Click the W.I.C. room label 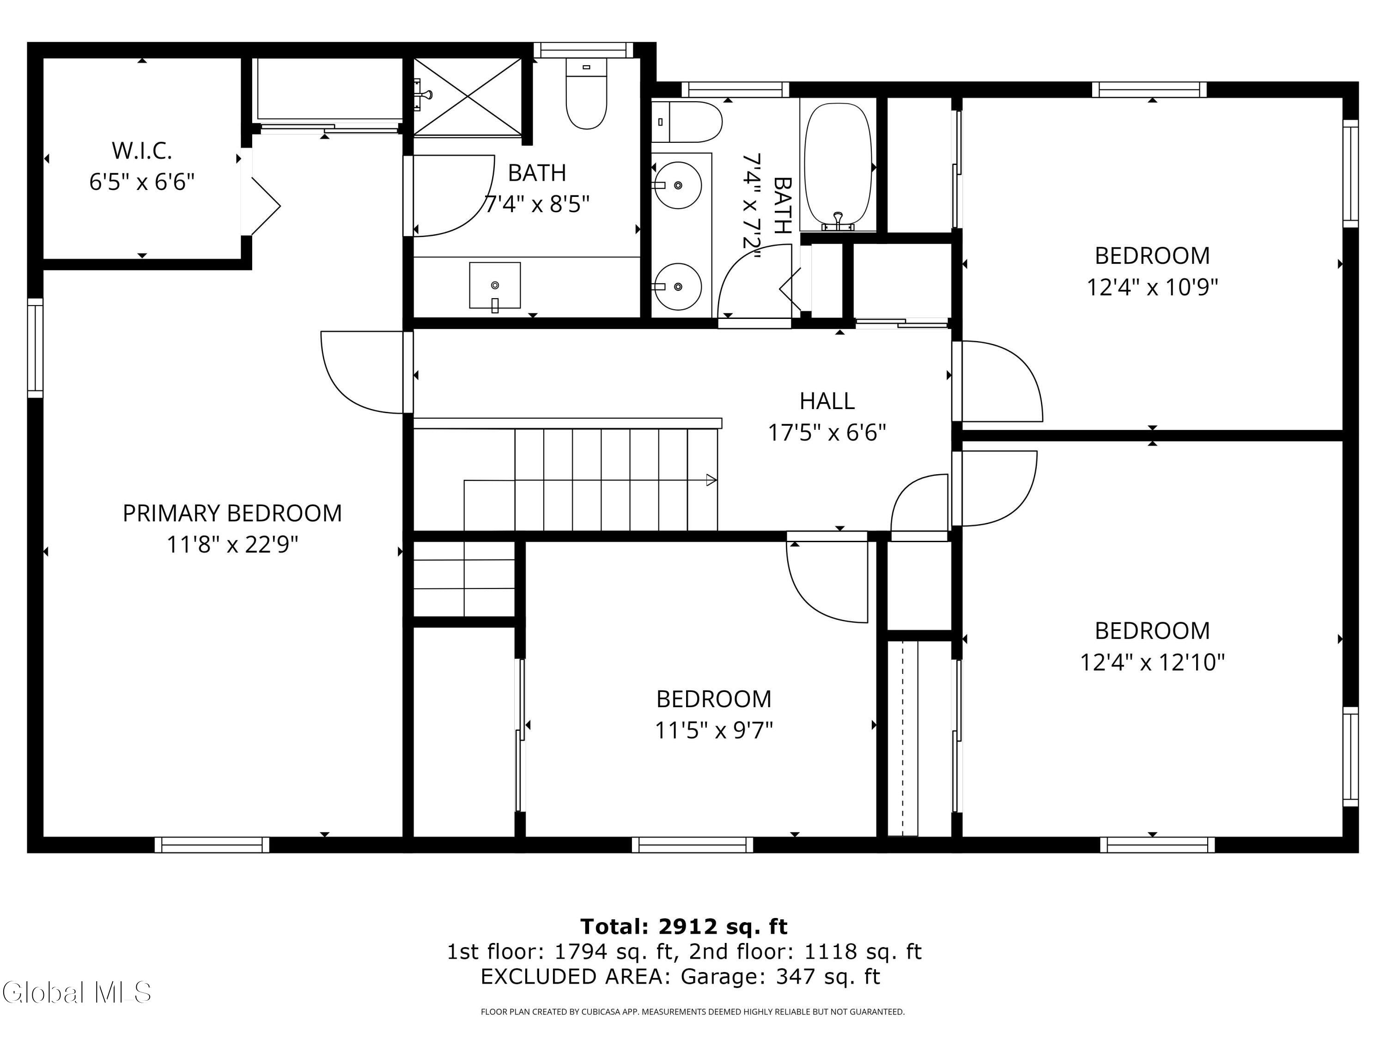pos(142,150)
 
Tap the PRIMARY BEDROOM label pos(232,514)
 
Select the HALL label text pos(827,401)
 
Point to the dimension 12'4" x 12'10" pos(1152,663)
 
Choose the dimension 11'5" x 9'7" pos(714,731)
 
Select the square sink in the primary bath pos(495,286)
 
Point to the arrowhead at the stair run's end pos(711,480)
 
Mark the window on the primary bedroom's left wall pos(35,348)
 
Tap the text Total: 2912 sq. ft pos(684,927)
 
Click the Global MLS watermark pos(76,992)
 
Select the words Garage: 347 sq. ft pos(781,977)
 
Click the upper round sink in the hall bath pos(677,185)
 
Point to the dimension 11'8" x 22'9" pos(232,545)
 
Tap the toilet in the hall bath pos(687,122)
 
